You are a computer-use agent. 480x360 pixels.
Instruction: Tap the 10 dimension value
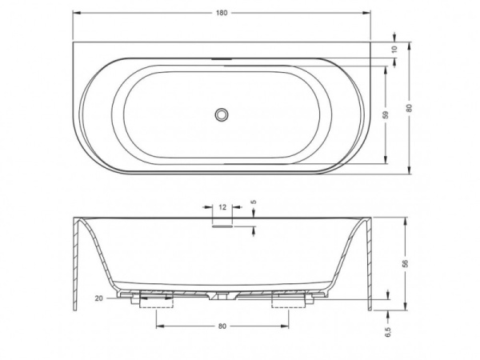pos(394,49)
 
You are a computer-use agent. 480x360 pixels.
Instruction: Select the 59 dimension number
pos(386,114)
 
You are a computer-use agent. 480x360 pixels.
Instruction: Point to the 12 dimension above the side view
pos(222,206)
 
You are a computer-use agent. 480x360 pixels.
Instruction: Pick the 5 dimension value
pos(254,202)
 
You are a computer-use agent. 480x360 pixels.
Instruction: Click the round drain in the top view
pos(222,114)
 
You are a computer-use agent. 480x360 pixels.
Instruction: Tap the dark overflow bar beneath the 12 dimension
pos(222,224)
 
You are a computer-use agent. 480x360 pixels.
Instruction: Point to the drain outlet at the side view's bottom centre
pos(222,298)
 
